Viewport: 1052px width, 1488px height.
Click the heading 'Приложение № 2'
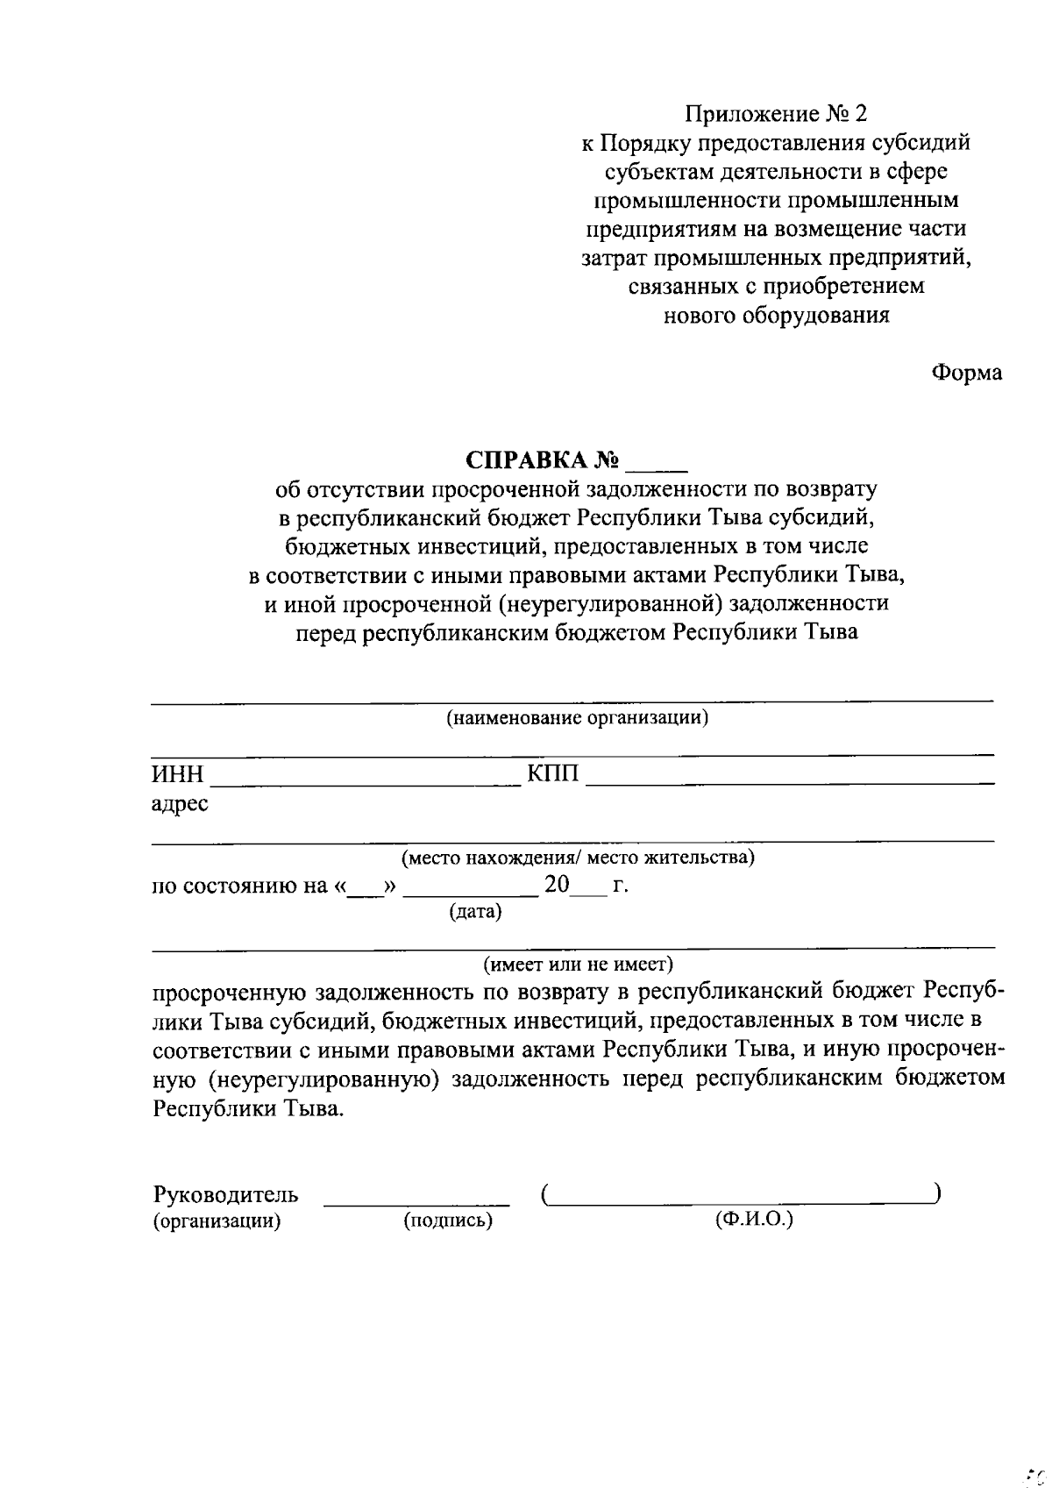pyautogui.click(x=776, y=114)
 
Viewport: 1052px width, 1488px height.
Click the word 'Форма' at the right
pyautogui.click(x=966, y=373)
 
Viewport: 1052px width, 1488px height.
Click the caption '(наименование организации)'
pyautogui.click(x=577, y=719)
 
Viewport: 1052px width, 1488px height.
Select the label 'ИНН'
pyautogui.click(x=177, y=775)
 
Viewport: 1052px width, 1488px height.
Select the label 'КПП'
pyautogui.click(x=553, y=775)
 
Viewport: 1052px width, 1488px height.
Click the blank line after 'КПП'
pyautogui.click(x=789, y=781)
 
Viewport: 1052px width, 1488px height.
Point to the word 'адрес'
pyautogui.click(x=180, y=803)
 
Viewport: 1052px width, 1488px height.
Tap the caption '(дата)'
pyautogui.click(x=475, y=912)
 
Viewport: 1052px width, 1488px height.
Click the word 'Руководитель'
pyautogui.click(x=226, y=1194)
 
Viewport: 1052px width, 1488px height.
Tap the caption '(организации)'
pyautogui.click(x=217, y=1221)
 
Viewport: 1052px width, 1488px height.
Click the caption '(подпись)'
pyautogui.click(x=447, y=1221)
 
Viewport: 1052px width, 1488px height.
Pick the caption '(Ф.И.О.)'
pyautogui.click(x=754, y=1219)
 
